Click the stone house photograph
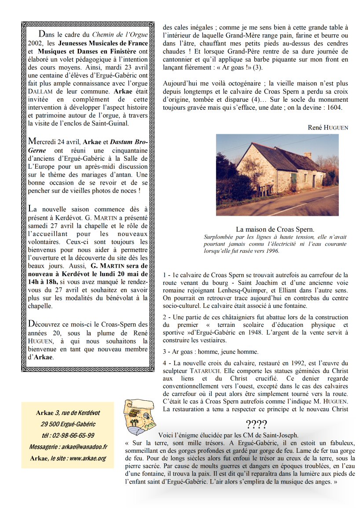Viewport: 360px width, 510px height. click(x=277, y=175)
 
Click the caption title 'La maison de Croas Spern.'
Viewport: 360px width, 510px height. click(x=275, y=229)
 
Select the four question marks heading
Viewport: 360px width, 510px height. click(x=256, y=425)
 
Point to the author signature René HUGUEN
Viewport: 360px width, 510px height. click(x=328, y=127)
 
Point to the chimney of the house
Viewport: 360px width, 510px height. click(x=308, y=155)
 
